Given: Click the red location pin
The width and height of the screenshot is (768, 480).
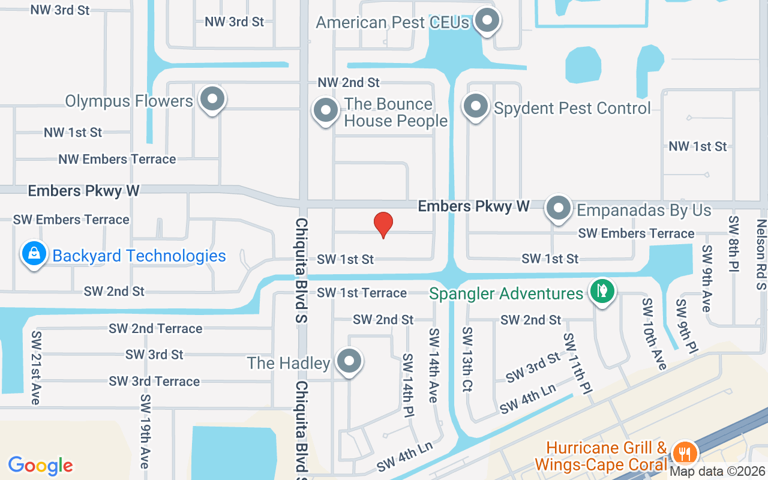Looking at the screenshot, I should (x=383, y=225).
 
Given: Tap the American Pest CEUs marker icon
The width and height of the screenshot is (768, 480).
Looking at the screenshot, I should (x=487, y=21).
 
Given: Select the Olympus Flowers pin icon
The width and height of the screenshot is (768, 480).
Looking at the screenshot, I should (x=212, y=99).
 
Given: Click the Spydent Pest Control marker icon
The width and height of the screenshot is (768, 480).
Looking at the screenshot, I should (x=476, y=106).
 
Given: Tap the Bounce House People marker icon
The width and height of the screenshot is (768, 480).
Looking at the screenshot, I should (x=326, y=110).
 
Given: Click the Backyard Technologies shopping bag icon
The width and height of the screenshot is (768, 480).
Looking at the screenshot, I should (x=34, y=254).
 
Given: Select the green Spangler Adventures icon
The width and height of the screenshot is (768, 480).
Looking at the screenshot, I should (x=602, y=292).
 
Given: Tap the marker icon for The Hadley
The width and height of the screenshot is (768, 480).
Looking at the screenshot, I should (x=349, y=361).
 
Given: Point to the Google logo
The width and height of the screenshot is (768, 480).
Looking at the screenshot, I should (x=41, y=465).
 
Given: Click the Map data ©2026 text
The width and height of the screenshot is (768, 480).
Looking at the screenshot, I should (x=718, y=472).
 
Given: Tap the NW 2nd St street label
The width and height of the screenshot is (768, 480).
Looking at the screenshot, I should (x=349, y=82).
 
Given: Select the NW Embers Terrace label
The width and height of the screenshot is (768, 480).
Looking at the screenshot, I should (x=117, y=159).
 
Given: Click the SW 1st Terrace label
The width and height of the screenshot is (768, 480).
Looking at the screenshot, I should (x=362, y=293).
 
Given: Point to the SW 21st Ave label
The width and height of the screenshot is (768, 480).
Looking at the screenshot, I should (x=36, y=367).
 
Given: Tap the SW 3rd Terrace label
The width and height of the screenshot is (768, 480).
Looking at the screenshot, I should (x=154, y=381).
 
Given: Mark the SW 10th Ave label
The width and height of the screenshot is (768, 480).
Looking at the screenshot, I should (x=653, y=334).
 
